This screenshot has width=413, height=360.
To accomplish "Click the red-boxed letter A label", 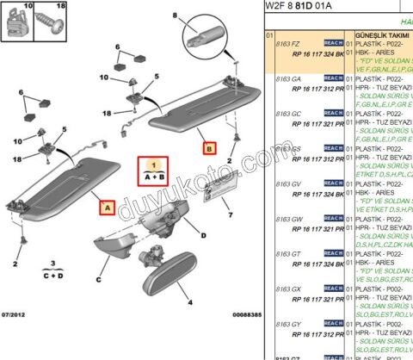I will point(107,207).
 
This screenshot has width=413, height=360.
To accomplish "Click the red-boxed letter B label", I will point(210,147).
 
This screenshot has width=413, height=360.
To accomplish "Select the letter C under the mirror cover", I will point(97,278).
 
